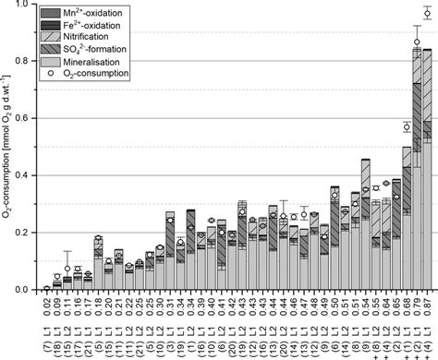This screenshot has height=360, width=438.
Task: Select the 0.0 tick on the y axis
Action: click(x=24, y=290)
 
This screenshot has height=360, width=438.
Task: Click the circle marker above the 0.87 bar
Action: click(x=427, y=14)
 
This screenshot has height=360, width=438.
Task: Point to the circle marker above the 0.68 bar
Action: click(x=407, y=126)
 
